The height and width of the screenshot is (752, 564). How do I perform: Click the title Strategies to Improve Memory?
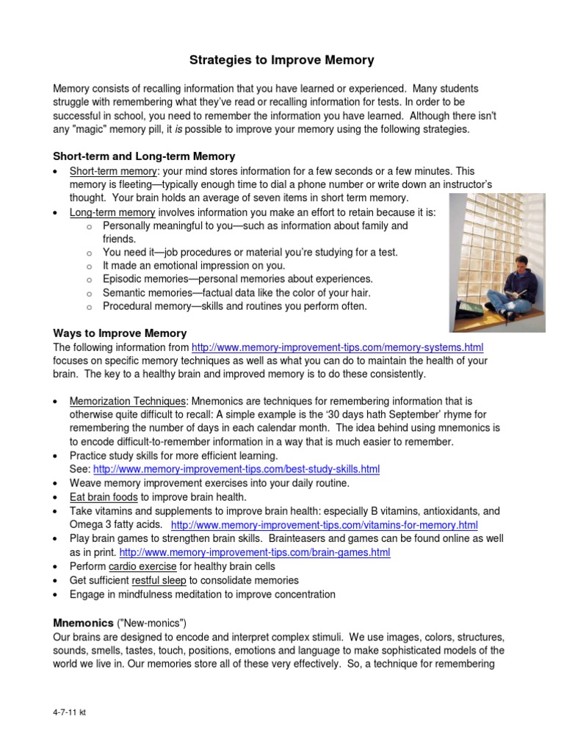(282, 59)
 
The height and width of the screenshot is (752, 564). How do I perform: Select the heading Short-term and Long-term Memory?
(144, 156)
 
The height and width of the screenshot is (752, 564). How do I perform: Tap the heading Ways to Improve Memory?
(120, 333)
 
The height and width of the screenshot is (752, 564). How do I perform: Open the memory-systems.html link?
(337, 347)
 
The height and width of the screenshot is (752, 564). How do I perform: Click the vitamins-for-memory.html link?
(324, 525)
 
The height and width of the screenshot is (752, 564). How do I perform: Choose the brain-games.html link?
(254, 552)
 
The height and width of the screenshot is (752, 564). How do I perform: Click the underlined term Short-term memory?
(113, 171)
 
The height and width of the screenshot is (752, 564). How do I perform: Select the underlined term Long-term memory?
(112, 212)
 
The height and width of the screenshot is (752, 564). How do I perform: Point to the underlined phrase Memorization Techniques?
(128, 402)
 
